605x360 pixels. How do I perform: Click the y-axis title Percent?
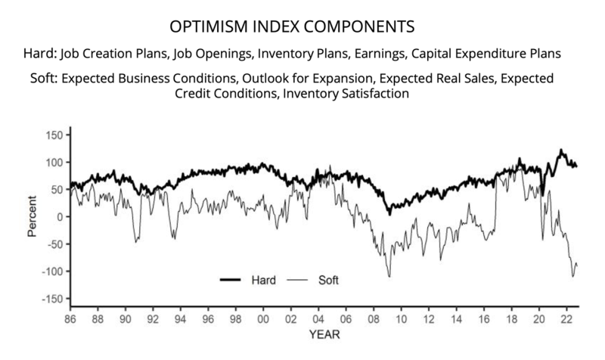pyautogui.click(x=32, y=218)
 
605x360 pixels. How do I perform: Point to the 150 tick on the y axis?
pyautogui.click(x=54, y=135)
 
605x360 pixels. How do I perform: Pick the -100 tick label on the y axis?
pyautogui.click(x=51, y=272)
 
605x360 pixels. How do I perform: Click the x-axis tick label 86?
pyautogui.click(x=70, y=319)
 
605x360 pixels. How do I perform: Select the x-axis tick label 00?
pyautogui.click(x=263, y=319)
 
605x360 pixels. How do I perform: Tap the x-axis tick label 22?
pyautogui.click(x=567, y=319)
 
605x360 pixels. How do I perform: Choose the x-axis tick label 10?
pyautogui.click(x=402, y=319)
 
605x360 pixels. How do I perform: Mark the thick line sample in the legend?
pyautogui.click(x=236, y=280)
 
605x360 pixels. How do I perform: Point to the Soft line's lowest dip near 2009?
pyautogui.click(x=389, y=277)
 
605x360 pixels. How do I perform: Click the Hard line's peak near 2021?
pyautogui.click(x=560, y=150)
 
